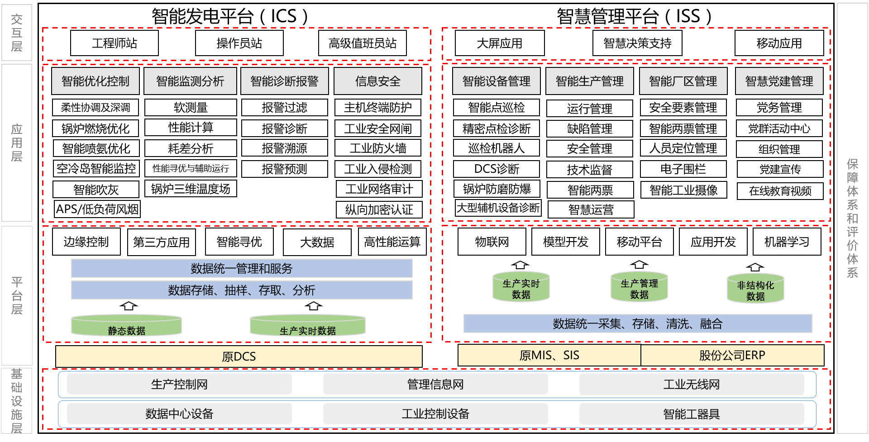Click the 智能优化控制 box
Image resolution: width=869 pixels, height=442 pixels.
point(95,81)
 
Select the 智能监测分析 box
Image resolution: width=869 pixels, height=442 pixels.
point(190,81)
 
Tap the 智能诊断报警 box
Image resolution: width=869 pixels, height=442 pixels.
point(284,81)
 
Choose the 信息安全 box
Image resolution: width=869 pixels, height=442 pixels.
point(377,81)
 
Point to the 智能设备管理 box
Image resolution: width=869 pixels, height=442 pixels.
point(496,81)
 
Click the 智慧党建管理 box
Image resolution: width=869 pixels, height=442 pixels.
point(779,81)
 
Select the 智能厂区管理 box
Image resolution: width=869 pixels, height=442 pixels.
point(683,81)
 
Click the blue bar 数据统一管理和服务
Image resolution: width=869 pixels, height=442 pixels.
point(242,268)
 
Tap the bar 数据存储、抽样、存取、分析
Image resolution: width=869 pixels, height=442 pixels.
point(242,290)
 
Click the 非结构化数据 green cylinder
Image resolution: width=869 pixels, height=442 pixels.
point(755,289)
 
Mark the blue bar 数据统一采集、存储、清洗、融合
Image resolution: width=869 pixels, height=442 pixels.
point(637,323)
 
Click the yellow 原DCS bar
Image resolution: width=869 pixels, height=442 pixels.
point(239,356)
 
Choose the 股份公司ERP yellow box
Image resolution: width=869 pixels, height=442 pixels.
point(732,355)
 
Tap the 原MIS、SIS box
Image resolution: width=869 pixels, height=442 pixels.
point(549,355)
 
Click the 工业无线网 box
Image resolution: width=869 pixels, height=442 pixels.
point(691,384)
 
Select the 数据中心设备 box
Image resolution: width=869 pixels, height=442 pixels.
point(179,413)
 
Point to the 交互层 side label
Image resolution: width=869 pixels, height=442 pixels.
point(17,33)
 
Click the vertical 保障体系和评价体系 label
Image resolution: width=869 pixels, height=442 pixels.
point(852,218)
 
